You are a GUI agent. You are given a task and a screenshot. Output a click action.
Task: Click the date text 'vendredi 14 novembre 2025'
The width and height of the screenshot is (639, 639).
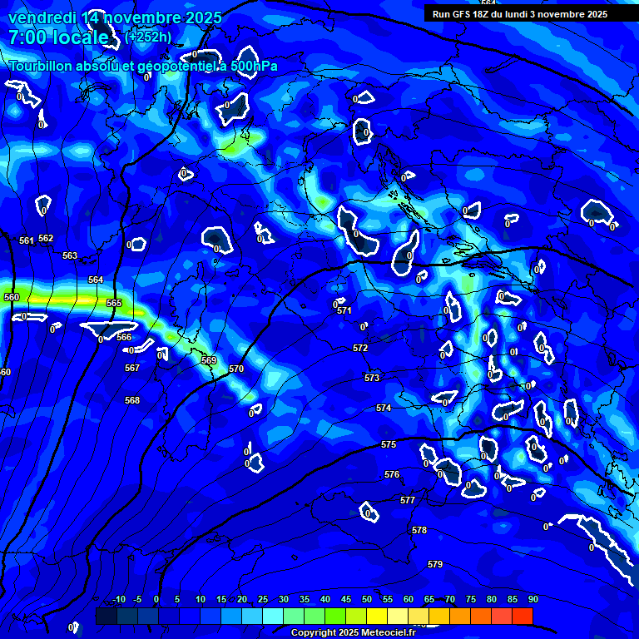click(115, 17)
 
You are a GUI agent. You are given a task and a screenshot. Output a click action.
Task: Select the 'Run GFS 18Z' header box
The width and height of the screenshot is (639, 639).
click(519, 14)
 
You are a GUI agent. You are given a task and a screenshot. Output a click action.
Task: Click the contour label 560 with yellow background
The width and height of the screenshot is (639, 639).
click(12, 297)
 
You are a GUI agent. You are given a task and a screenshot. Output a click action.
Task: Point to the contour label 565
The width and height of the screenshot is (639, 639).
click(114, 303)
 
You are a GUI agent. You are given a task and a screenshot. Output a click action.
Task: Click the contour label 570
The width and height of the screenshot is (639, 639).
click(236, 369)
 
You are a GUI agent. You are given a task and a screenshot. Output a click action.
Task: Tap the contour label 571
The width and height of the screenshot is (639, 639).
click(344, 310)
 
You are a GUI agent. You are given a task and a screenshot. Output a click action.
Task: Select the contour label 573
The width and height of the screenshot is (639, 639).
click(372, 378)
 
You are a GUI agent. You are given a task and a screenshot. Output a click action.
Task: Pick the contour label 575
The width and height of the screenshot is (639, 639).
click(389, 445)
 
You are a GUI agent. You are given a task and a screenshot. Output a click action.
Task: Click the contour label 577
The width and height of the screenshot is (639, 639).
click(408, 500)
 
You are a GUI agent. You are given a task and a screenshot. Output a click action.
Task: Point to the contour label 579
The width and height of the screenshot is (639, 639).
click(435, 564)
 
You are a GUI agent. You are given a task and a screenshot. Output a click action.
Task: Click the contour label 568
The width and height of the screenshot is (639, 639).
click(132, 400)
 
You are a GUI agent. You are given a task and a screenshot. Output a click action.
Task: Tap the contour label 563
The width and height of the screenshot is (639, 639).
click(70, 255)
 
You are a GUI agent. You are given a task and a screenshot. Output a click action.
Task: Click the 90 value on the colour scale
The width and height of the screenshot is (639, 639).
click(532, 599)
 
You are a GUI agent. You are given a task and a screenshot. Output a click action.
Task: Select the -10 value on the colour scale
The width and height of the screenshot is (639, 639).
click(118, 599)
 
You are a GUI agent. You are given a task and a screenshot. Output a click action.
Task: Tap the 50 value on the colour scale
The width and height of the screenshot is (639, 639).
click(367, 599)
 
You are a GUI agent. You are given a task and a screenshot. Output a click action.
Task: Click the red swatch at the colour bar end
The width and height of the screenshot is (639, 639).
click(523, 616)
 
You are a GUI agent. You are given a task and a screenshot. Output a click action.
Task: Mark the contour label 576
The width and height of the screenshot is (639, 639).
click(392, 474)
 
